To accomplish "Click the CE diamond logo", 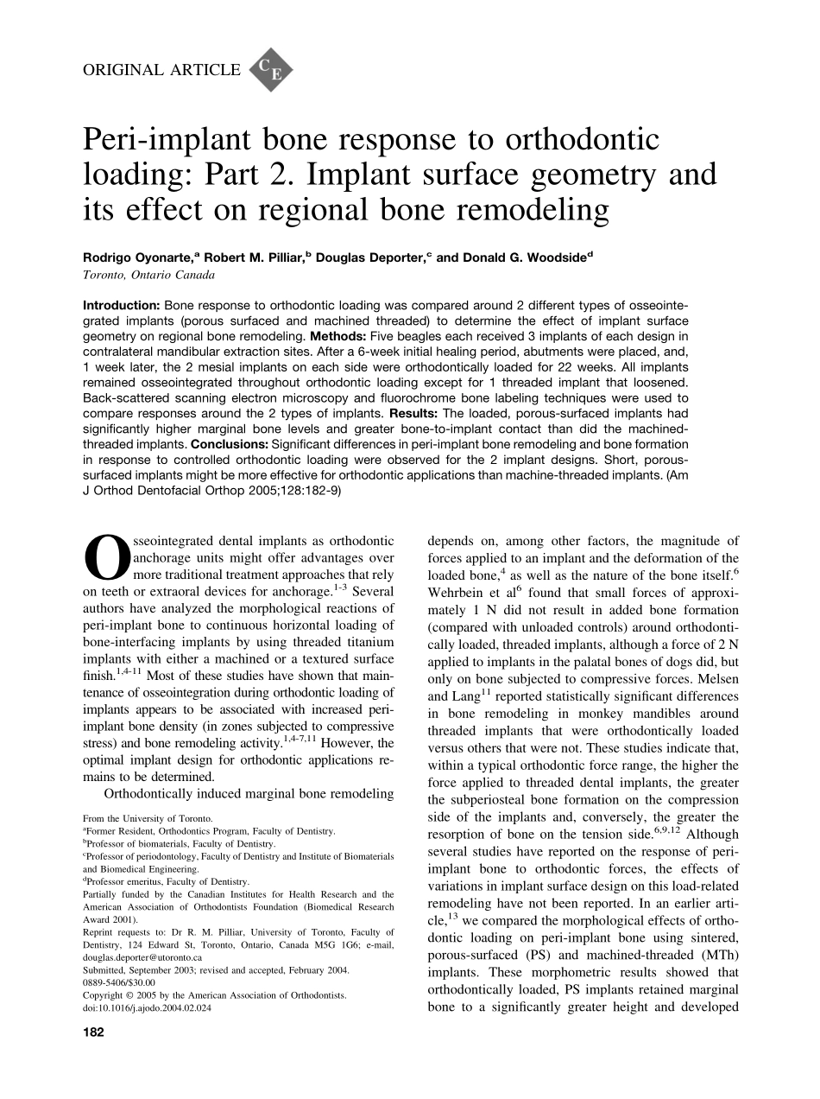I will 270,70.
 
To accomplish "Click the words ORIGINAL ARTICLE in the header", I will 161,71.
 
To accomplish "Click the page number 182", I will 93,1032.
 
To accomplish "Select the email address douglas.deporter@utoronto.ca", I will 142,958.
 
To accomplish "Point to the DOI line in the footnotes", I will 147,1007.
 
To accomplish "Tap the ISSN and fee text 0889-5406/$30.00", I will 119,982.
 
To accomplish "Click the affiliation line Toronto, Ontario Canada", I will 148,276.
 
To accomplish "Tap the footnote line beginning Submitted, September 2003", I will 216,970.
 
